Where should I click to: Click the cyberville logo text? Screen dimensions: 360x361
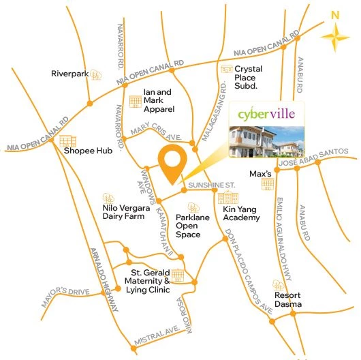pos(267,113)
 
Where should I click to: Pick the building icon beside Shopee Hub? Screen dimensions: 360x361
pos(66,141)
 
